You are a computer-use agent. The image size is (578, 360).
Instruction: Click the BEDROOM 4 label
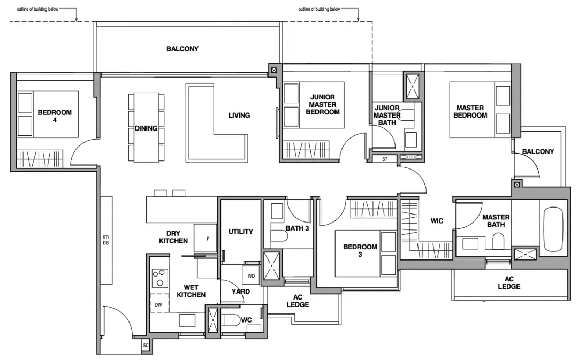[55, 116]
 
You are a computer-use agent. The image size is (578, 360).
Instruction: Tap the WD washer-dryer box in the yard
[251, 275]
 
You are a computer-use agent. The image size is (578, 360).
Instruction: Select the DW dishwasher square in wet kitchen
[158, 304]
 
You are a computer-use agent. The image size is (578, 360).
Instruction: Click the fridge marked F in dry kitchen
[206, 239]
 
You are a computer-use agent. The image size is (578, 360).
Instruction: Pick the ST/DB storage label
[106, 240]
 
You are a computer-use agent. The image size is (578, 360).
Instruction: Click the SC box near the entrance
[146, 345]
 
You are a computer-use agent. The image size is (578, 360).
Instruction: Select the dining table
[146, 127]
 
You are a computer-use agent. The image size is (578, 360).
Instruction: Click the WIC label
[437, 221]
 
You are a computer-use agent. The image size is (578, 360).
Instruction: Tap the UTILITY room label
[241, 232]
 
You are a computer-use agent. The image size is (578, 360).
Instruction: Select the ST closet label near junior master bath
[385, 159]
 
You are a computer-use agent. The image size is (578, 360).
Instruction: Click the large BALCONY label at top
[182, 49]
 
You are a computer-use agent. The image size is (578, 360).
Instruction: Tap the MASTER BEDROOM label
[470, 111]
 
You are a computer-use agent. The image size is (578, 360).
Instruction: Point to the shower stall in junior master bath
[413, 87]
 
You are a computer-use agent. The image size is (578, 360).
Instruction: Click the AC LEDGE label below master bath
[509, 282]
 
